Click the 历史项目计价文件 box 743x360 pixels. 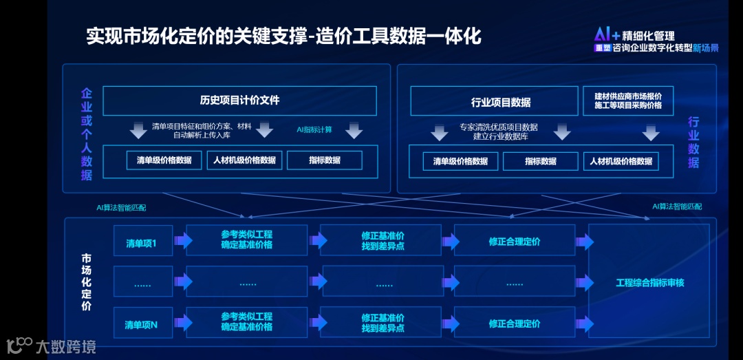coord(239,100)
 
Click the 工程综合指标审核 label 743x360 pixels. coord(649,282)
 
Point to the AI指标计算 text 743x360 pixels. coord(314,129)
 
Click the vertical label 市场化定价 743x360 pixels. coord(86,282)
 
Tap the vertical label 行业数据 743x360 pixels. coord(693,142)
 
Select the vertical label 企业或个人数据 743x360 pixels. coord(86,134)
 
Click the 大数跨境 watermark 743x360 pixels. coord(65,346)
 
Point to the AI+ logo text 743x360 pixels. coord(607,35)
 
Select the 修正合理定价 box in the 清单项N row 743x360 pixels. coord(514,324)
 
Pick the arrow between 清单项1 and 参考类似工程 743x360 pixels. coord(183,240)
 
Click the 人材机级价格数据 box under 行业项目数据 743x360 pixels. coord(621,161)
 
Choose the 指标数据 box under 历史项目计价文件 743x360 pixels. coord(324,160)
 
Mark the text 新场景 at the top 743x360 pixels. coord(705,48)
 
